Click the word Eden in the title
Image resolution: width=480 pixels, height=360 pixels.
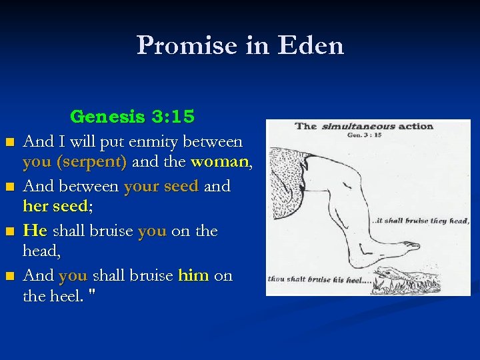tap(313, 46)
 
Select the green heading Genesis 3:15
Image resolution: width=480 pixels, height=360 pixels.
tap(133, 117)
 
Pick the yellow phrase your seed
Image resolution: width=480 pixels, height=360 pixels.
tap(161, 187)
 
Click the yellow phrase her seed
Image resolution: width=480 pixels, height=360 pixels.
tap(58, 207)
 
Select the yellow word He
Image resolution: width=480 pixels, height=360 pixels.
tap(35, 231)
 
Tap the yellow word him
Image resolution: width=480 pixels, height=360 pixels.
tap(193, 275)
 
